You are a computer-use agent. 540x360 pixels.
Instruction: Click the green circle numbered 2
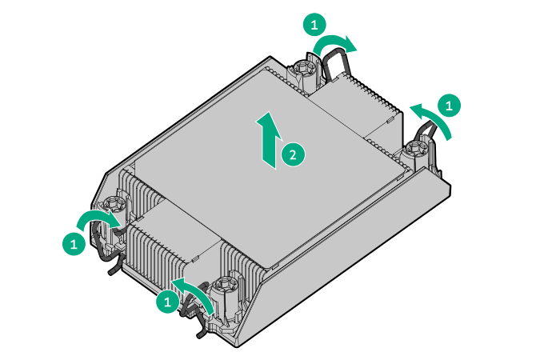click(x=293, y=154)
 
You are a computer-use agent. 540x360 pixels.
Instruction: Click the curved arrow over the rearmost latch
click(x=336, y=45)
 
